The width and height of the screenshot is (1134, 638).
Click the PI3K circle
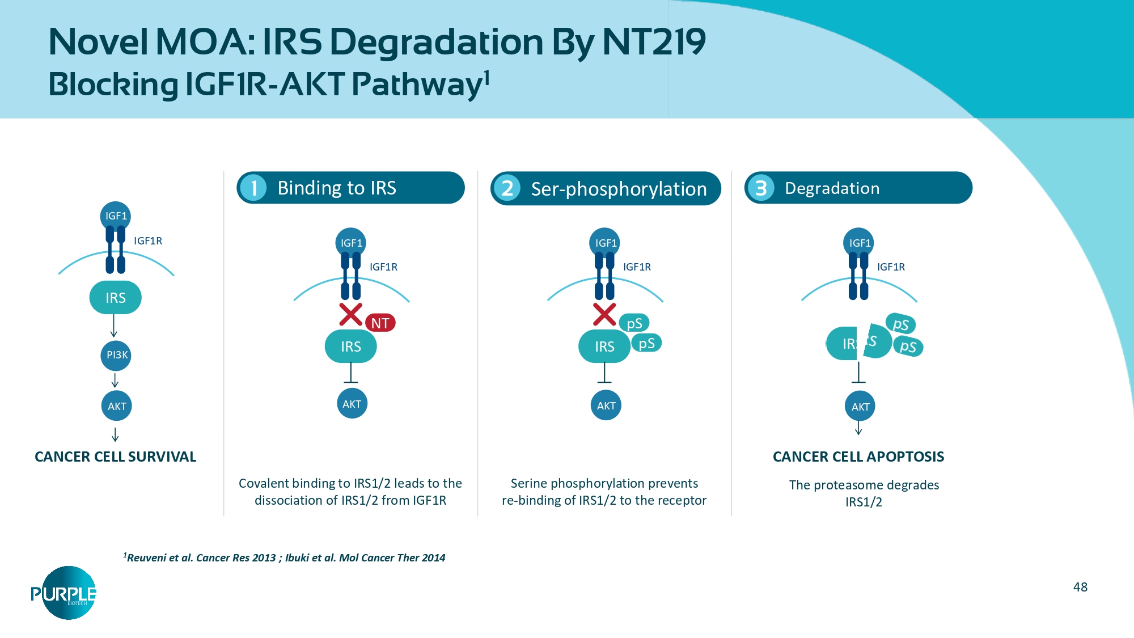pos(116,355)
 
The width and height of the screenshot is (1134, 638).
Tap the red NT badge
pos(380,323)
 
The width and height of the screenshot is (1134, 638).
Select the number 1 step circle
pos(253,188)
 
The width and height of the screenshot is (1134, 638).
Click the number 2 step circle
pos(507,188)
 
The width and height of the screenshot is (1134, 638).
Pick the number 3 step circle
pos(761,188)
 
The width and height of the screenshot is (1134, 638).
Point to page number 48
pos(1080,587)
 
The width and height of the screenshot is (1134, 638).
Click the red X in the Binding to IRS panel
pos(350,314)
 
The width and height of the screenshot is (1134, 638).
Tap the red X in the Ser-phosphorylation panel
pos(604,314)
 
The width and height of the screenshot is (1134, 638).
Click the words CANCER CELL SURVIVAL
pos(115,457)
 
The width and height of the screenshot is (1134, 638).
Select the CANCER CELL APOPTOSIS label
pos(858,457)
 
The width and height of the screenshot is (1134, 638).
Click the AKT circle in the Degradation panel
pos(860,406)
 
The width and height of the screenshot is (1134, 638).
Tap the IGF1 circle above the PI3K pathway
pos(116,216)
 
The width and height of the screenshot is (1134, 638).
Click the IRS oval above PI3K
pos(115,297)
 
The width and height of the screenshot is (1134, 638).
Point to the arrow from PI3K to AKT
pos(115,380)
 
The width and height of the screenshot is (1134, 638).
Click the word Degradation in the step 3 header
pos(832,188)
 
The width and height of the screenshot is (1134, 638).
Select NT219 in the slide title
pos(653,42)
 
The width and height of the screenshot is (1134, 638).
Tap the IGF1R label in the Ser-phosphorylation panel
pos(637,267)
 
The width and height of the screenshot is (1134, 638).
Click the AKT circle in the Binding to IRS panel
pos(352,404)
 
